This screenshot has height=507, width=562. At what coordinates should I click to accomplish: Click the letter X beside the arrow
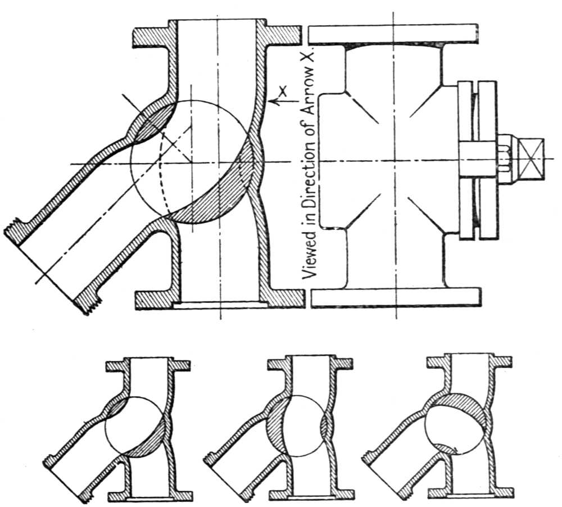(283, 90)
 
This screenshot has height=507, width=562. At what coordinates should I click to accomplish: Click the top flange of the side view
(396, 34)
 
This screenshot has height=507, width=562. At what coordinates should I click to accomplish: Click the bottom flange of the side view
(396, 297)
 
